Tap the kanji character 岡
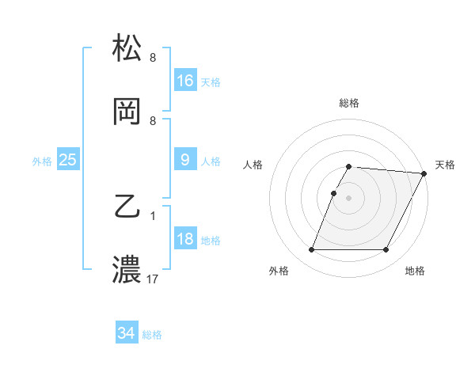coord(127,112)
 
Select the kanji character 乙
coord(127,208)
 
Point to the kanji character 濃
coord(127,270)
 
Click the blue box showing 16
coord(185,80)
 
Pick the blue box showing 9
coord(185,160)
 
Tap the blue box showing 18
coord(185,239)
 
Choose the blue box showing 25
coord(68,160)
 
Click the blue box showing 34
coord(127,333)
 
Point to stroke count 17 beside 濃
coord(154,279)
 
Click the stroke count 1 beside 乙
coord(153,215)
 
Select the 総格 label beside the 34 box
coord(152,335)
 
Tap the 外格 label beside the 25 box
coord(42,161)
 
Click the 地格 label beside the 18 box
coord(211,241)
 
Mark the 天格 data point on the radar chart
coord(424,173)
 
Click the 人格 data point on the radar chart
coord(333,193)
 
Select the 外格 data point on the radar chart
coord(311,250)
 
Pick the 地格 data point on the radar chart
coord(386,250)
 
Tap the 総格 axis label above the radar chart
coord(348,103)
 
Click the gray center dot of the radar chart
coord(348,197)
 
